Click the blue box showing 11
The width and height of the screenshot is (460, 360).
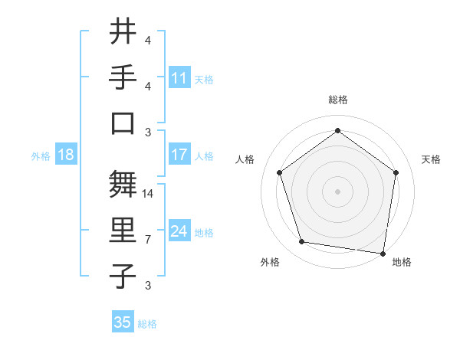(179, 77)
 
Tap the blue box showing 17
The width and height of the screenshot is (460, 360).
(179, 155)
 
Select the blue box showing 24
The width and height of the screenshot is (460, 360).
(179, 231)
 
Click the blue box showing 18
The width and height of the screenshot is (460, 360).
(66, 155)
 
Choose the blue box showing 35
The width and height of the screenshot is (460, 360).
(123, 322)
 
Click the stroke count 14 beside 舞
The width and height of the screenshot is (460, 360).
(149, 194)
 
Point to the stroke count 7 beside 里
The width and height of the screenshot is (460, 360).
(148, 240)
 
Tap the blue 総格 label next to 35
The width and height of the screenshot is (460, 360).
(147, 324)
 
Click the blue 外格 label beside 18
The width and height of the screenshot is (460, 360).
(41, 156)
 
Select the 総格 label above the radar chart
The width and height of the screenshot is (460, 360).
(338, 100)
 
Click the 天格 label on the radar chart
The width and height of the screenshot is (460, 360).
(432, 159)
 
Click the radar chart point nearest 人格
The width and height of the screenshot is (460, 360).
(280, 172)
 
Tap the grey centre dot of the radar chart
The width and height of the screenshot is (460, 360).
(338, 191)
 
